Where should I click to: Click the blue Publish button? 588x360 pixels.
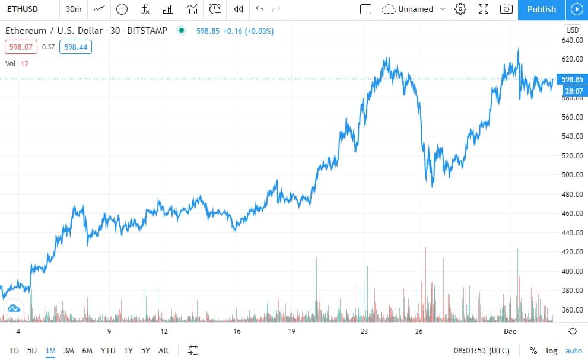click(x=542, y=9)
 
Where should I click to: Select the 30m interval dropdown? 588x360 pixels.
click(x=74, y=9)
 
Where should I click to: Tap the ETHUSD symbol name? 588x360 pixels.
click(x=23, y=9)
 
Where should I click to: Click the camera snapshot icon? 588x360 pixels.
click(x=506, y=9)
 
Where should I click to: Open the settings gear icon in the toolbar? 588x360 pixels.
click(x=460, y=9)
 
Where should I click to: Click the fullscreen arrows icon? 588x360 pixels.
click(x=484, y=9)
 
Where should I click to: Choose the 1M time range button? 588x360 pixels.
click(x=50, y=351)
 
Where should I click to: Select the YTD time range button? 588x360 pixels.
click(x=107, y=351)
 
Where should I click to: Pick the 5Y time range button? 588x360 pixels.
click(x=145, y=351)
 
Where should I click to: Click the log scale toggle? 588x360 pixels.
click(x=551, y=351)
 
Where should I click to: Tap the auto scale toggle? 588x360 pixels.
click(x=574, y=351)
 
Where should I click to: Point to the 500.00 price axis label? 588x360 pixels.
click(x=572, y=175)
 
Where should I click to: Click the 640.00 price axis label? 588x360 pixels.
click(x=572, y=40)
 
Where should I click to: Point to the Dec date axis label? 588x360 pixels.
click(x=510, y=332)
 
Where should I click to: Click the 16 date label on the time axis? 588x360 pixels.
click(x=237, y=332)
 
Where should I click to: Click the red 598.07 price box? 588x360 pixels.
click(x=21, y=47)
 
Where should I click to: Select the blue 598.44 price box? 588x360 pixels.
click(x=75, y=47)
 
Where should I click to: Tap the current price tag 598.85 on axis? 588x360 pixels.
click(x=572, y=79)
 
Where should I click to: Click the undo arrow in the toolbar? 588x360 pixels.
click(x=259, y=9)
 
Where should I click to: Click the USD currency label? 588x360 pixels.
click(x=572, y=30)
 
